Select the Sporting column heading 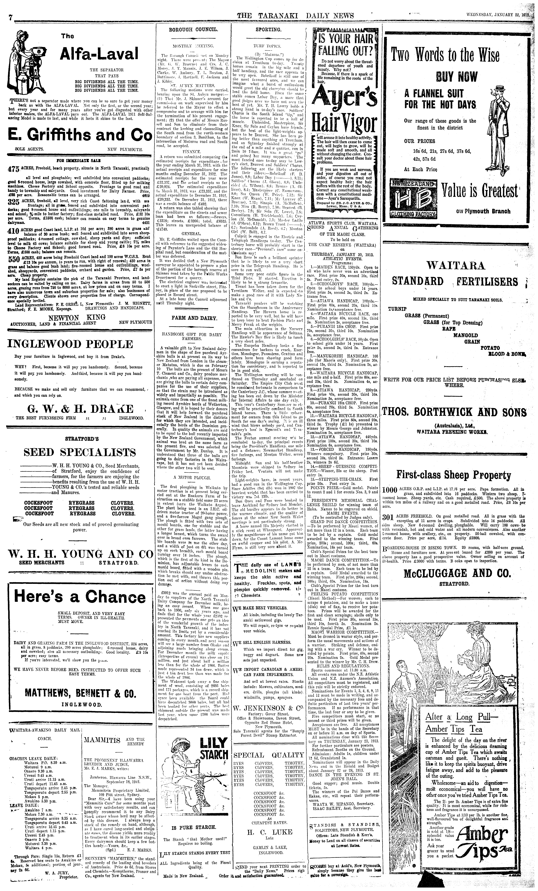(268, 30)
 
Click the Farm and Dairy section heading (194, 318)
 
